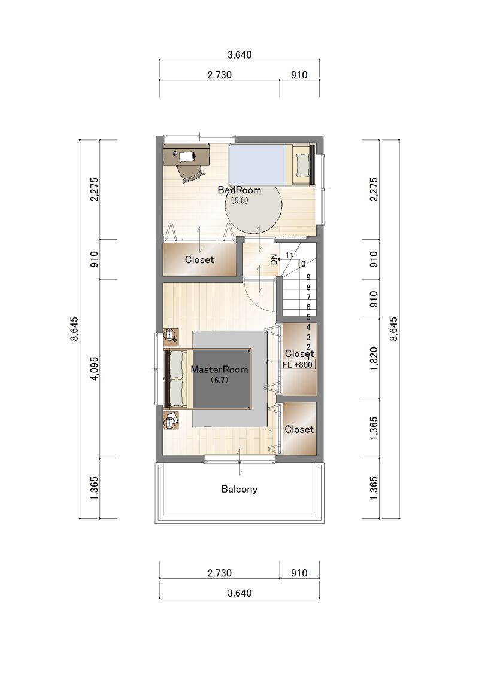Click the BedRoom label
click(x=239, y=190)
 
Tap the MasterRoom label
click(x=219, y=369)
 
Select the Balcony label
click(x=239, y=490)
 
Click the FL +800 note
click(x=297, y=365)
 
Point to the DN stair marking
click(x=274, y=259)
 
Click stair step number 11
click(x=290, y=255)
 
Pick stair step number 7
click(x=308, y=298)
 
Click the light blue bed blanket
click(x=257, y=165)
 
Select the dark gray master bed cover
click(x=221, y=379)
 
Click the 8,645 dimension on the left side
click(x=74, y=329)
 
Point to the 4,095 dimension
click(x=95, y=369)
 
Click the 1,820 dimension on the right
click(x=374, y=359)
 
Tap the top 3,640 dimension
click(x=239, y=55)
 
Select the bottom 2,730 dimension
click(x=220, y=573)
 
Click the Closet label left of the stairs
click(x=199, y=260)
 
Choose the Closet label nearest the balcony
click(x=299, y=429)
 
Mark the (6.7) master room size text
click(x=219, y=380)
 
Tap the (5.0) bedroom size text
click(x=239, y=201)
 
